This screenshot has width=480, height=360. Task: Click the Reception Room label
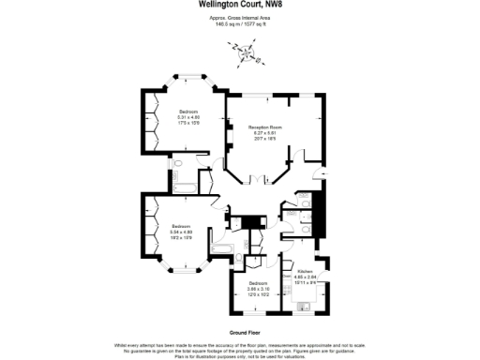264,127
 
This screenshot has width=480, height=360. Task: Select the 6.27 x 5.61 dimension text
264,132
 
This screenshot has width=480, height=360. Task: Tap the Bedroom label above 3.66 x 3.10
258,283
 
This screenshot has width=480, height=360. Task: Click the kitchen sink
302,306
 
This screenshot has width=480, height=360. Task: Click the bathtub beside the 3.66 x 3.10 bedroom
221,247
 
